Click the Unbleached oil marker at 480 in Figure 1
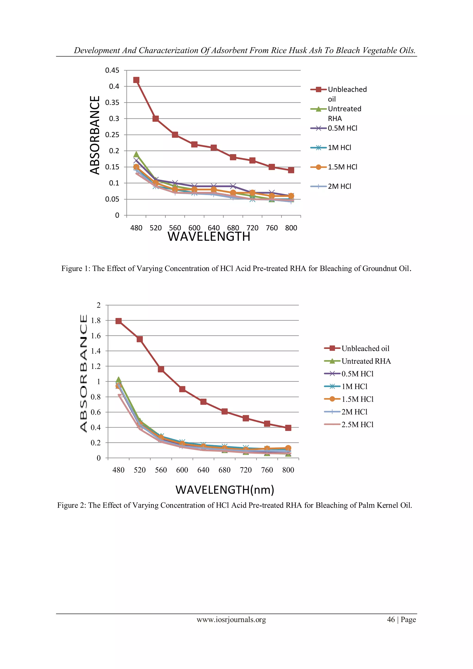click(136, 80)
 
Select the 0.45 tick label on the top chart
click(112, 70)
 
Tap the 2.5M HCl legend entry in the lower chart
click(357, 425)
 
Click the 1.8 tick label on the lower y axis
click(96, 321)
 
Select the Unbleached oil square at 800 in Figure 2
click(288, 428)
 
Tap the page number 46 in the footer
click(391, 620)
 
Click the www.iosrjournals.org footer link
click(231, 620)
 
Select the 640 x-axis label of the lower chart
click(203, 470)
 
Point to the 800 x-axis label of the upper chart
click(291, 228)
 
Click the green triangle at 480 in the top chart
click(136, 154)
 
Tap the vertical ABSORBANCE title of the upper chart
click(95, 135)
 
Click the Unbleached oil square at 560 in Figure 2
click(161, 369)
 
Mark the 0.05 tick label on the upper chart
click(112, 199)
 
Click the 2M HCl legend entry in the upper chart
click(339, 186)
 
